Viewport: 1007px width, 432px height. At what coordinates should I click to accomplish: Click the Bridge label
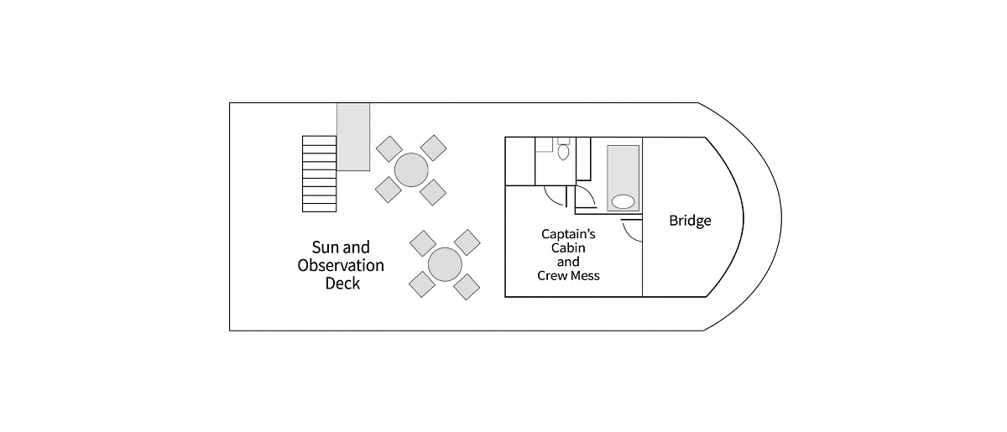(x=690, y=221)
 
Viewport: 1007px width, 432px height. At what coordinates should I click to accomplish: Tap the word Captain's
(x=568, y=234)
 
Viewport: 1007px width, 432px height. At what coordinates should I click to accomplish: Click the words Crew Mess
(x=568, y=276)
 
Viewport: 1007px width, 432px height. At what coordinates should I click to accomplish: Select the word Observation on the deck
(x=341, y=265)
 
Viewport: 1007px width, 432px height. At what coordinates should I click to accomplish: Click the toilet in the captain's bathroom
(x=563, y=149)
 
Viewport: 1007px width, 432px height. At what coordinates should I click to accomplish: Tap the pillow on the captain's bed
(x=623, y=201)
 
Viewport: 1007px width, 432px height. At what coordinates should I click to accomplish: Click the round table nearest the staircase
(x=411, y=170)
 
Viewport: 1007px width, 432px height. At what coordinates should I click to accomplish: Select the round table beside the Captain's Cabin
(x=445, y=264)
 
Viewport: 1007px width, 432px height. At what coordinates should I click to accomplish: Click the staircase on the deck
(x=319, y=174)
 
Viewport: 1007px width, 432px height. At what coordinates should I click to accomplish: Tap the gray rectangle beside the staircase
(x=353, y=137)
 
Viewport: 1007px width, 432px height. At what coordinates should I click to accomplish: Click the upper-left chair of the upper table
(x=389, y=148)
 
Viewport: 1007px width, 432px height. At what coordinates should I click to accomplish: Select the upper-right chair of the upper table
(x=433, y=148)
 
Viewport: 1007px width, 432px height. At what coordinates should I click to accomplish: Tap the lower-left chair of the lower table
(x=422, y=284)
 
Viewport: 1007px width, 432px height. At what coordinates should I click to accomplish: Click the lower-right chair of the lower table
(x=467, y=287)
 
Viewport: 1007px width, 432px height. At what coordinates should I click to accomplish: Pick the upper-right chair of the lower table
(x=467, y=242)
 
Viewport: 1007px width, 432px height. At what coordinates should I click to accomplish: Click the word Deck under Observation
(x=342, y=284)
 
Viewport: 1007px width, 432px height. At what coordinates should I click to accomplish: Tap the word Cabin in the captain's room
(x=568, y=247)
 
